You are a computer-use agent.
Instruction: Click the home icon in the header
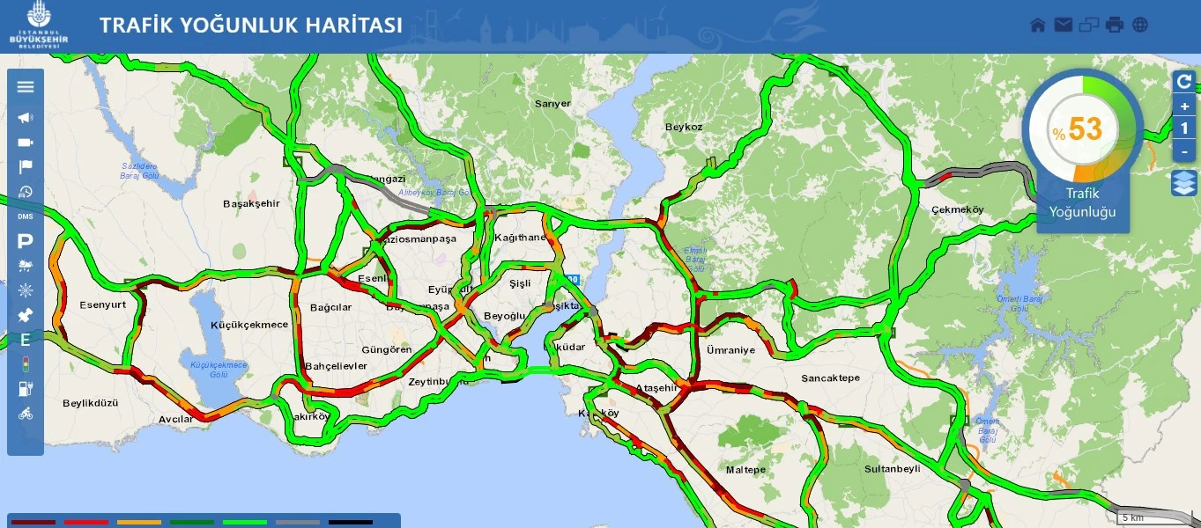1038,25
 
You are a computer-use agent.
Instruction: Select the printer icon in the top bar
1115,25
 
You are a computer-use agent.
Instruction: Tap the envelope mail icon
1064,25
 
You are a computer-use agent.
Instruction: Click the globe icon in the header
1140,25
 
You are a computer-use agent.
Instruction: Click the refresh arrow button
1184,82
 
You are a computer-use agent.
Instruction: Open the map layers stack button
1183,183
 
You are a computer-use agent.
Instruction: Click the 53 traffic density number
1086,129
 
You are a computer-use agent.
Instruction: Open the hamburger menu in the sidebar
26,86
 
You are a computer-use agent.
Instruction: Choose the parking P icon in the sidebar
26,240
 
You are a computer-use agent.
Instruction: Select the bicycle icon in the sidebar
26,414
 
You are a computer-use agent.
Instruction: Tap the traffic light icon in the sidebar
26,363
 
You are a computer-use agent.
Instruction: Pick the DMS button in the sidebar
26,216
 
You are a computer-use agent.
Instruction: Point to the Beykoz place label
684,127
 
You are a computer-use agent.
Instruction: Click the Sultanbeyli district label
892,469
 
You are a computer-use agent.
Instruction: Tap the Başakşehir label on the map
251,203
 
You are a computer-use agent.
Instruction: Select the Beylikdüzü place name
90,403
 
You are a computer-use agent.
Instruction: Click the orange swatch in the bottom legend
139,522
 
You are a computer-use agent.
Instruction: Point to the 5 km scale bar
1145,517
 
